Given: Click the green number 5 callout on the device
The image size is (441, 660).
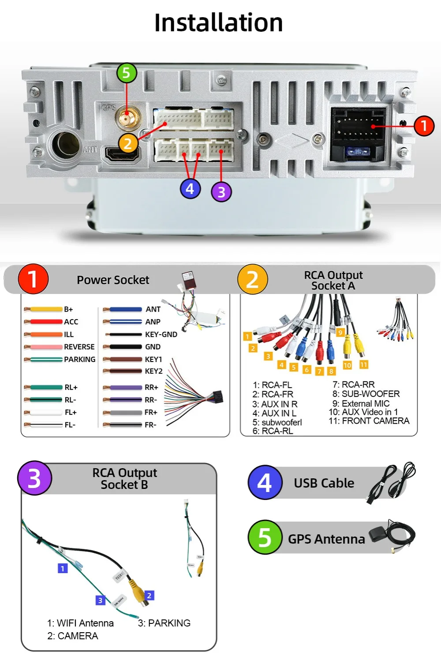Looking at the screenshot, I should tap(127, 73).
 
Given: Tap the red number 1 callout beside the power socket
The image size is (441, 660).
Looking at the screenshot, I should tap(424, 126).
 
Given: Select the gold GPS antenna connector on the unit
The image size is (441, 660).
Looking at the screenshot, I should tap(127, 118).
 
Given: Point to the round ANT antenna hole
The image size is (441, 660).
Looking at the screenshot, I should tap(66, 144).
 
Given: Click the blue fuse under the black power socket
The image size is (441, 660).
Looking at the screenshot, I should tap(358, 152).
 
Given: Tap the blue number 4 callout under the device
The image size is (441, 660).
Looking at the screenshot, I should tap(190, 189).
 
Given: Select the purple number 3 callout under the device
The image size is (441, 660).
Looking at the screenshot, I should tap(221, 192).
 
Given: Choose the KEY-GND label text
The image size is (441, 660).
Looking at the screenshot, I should tap(161, 335).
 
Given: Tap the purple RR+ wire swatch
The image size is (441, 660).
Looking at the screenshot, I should tap(123, 388).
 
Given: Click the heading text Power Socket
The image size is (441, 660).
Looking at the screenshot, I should tap(113, 280).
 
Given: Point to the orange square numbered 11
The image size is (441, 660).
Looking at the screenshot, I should tap(364, 365).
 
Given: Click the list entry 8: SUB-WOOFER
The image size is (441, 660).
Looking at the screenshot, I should tap(366, 394).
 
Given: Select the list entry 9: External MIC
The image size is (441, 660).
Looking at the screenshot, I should tap(361, 403).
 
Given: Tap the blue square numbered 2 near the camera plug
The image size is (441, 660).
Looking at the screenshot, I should tap(149, 596).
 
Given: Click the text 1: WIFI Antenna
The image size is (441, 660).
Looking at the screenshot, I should tap(80, 623).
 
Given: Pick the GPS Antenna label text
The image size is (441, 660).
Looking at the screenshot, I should tap(326, 539).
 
